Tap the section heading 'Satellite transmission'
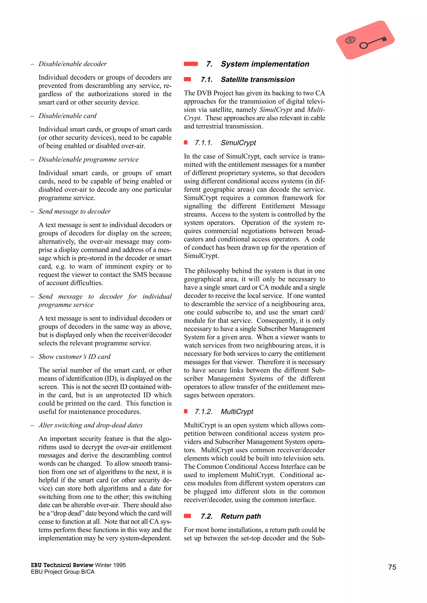coord(257,79)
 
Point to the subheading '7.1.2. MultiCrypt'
coord(224,412)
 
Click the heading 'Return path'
coord(241,516)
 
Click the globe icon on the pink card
coord(350,40)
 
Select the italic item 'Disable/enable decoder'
coord(73,64)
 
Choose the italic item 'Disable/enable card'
coord(68,116)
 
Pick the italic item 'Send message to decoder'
coord(74,211)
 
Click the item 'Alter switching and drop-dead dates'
coord(90,425)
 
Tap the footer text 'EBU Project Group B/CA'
coord(63,572)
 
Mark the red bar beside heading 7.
coord(191,64)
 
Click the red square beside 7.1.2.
coord(186,411)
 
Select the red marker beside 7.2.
coord(187,516)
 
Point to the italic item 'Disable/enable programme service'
coord(89,159)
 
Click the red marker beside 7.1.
coord(187,79)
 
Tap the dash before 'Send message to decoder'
coord(32,212)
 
